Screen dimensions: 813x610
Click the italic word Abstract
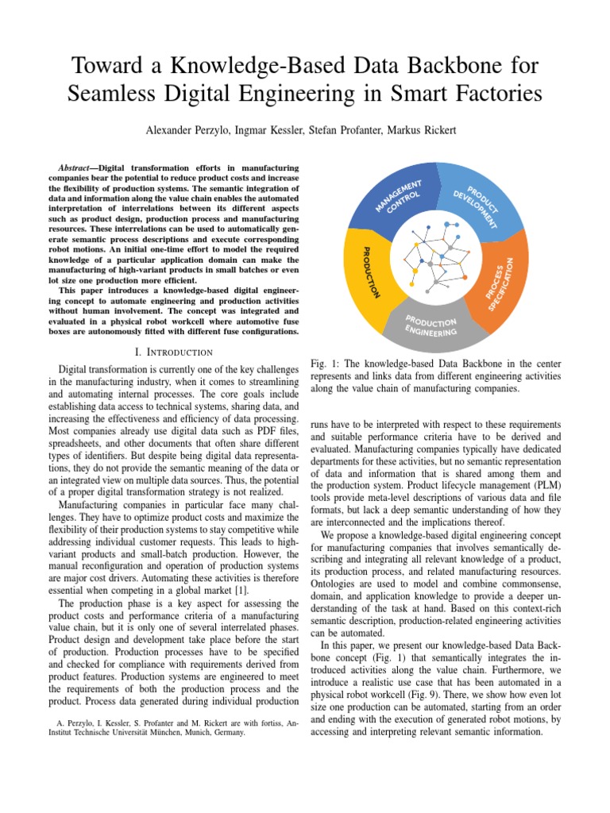pos(79,168)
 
